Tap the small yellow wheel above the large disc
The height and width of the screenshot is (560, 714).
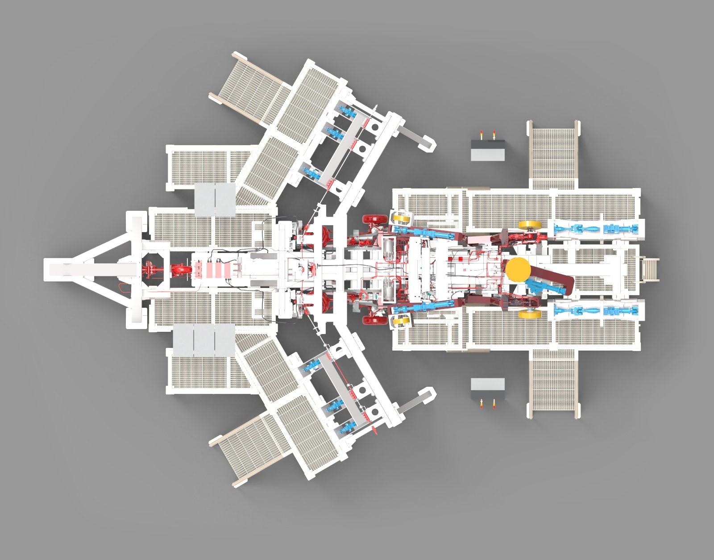(x=530, y=225)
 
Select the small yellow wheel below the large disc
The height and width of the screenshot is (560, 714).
(x=530, y=314)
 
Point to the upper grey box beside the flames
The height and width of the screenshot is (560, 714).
(x=488, y=151)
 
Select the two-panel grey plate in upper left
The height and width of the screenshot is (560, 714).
(x=215, y=199)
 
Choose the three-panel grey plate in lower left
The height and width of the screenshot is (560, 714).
(x=204, y=340)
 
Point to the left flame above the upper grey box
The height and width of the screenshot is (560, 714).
(x=481, y=134)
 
